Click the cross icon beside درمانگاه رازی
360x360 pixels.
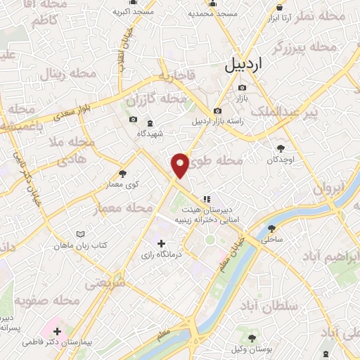[x=161, y=243]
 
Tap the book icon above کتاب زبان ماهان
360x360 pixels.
[x=81, y=233]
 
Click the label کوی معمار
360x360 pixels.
[x=124, y=184]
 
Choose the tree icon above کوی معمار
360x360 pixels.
[x=124, y=173]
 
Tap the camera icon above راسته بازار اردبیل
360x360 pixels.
[x=217, y=111]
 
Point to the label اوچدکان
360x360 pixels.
[x=281, y=160]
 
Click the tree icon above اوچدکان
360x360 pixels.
[x=281, y=148]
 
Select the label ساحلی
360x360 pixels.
[x=271, y=240]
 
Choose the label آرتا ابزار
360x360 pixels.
[x=280, y=17]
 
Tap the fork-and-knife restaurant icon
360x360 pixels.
[x=207, y=179]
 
